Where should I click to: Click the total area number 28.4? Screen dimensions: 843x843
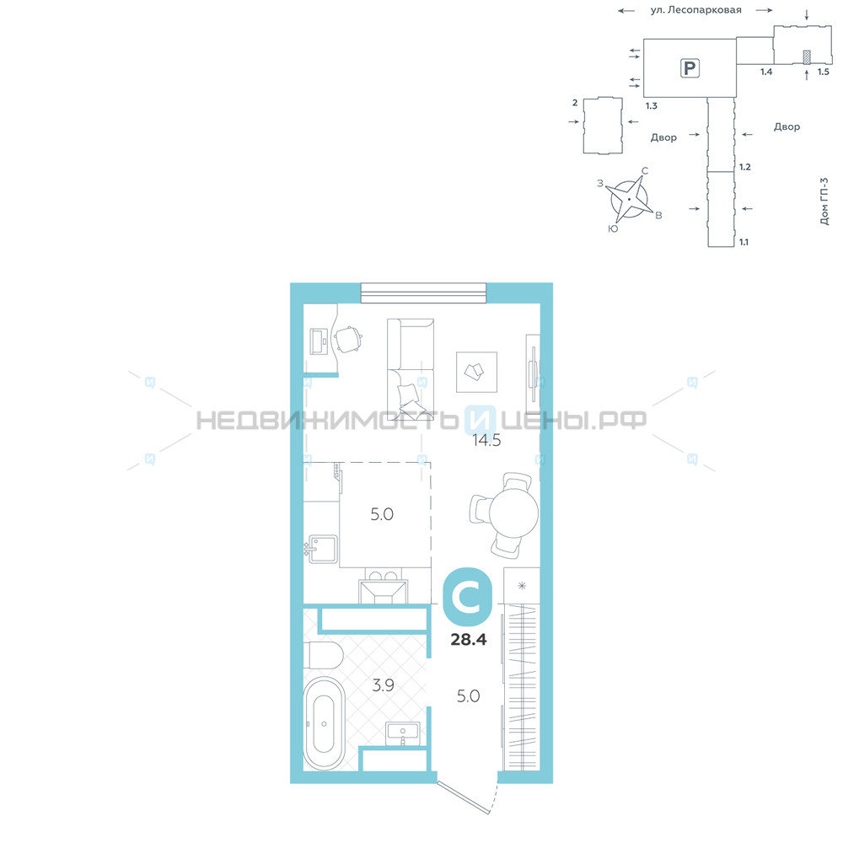point(468,639)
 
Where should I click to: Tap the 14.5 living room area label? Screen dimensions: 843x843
point(486,441)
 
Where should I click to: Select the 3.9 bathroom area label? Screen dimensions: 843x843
point(383,685)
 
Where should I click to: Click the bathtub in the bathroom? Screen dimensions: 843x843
point(325,723)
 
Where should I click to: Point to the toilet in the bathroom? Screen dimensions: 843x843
point(324,655)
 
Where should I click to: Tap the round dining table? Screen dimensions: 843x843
point(513,513)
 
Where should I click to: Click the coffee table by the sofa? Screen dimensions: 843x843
point(476,372)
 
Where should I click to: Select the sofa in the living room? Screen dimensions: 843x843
point(411,369)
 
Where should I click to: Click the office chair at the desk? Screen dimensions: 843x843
point(348,339)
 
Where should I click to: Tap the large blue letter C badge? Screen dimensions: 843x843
point(468,597)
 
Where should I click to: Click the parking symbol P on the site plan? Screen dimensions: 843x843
point(690,68)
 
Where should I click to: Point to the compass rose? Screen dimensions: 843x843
point(629,200)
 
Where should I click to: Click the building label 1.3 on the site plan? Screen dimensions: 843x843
point(652,106)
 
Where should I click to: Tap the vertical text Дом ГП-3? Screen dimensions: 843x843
point(824,201)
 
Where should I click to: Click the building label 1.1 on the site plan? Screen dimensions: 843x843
point(744,242)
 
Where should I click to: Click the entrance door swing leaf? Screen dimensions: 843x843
point(464,797)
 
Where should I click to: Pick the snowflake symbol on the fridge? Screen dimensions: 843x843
point(522,586)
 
